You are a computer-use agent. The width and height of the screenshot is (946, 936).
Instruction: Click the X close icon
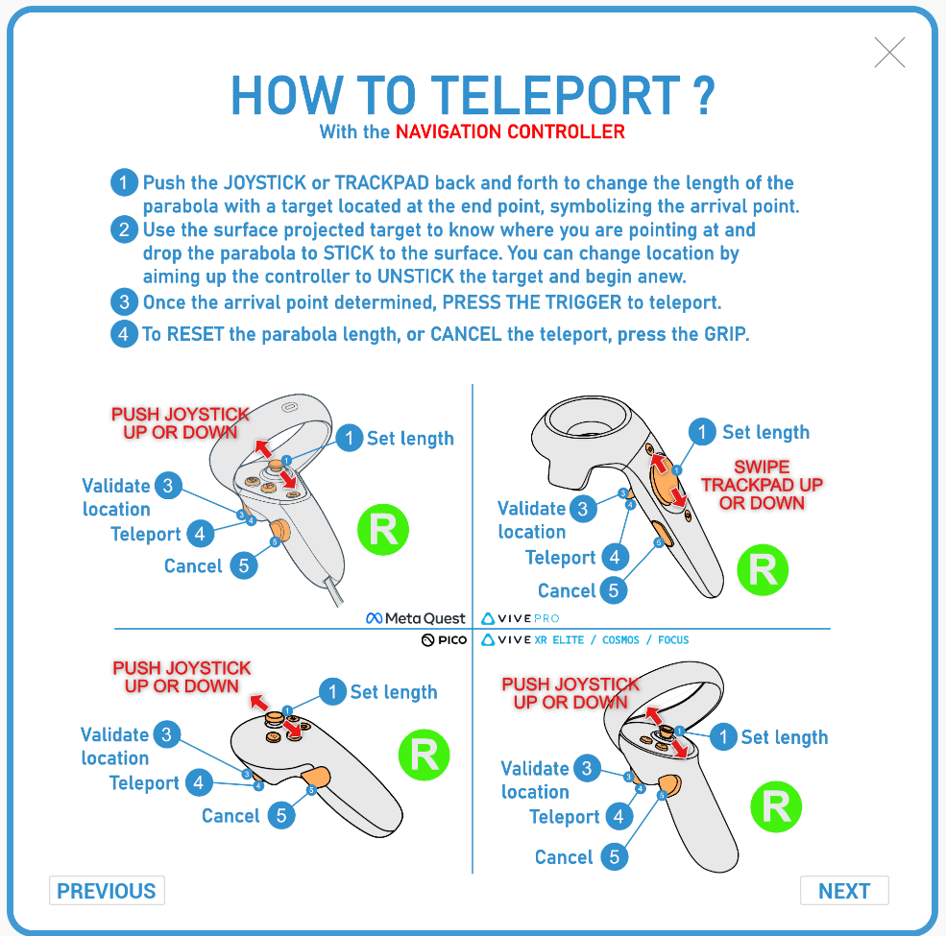(x=890, y=53)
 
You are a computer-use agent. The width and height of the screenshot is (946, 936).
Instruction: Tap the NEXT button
(x=844, y=891)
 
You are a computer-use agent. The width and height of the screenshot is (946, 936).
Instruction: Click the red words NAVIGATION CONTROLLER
(x=510, y=132)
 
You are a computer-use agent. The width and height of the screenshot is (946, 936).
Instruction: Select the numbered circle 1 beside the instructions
(x=124, y=182)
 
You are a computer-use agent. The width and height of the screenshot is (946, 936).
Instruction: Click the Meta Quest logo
(x=416, y=618)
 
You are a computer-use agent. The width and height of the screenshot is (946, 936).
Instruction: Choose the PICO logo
(x=443, y=639)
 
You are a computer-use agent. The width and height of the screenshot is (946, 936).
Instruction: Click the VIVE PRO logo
(x=521, y=618)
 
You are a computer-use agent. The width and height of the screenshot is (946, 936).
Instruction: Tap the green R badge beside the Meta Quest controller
(x=383, y=529)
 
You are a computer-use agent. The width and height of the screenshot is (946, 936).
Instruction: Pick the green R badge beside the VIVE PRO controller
(x=763, y=570)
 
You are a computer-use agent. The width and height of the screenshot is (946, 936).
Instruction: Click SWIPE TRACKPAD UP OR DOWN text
(x=762, y=485)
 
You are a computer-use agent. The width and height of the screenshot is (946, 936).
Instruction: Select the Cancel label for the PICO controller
(x=230, y=816)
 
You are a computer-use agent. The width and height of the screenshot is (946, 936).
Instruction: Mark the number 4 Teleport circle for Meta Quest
(x=200, y=534)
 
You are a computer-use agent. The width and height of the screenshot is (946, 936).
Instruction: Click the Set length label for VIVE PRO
(x=765, y=433)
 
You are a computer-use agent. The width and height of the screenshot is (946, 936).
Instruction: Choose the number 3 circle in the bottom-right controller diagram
(x=586, y=768)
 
